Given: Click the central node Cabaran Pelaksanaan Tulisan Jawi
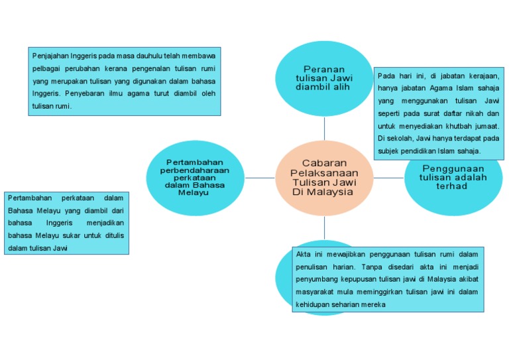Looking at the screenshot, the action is pyautogui.click(x=324, y=177).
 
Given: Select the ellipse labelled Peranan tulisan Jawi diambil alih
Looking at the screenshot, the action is pyautogui.click(x=324, y=78).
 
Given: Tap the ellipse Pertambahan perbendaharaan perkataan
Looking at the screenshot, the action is pyautogui.click(x=195, y=177).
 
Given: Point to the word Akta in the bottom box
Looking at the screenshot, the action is pyautogui.click(x=304, y=255).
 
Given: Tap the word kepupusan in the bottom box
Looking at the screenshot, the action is pyautogui.click(x=361, y=279).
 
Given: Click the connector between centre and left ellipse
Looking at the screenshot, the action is pyautogui.click(x=260, y=178).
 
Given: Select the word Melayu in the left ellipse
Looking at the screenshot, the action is pyautogui.click(x=194, y=192).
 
